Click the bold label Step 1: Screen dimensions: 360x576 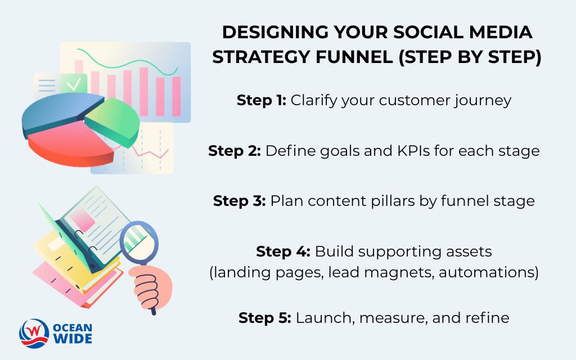tap(262, 101)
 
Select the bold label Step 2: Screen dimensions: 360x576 tap(234, 151)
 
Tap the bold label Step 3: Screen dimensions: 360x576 tap(239, 201)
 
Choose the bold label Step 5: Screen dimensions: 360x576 tap(264, 317)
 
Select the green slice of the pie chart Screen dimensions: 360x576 tap(115, 118)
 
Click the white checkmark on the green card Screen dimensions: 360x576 tap(73, 85)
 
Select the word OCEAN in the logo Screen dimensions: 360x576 tap(73, 327)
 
